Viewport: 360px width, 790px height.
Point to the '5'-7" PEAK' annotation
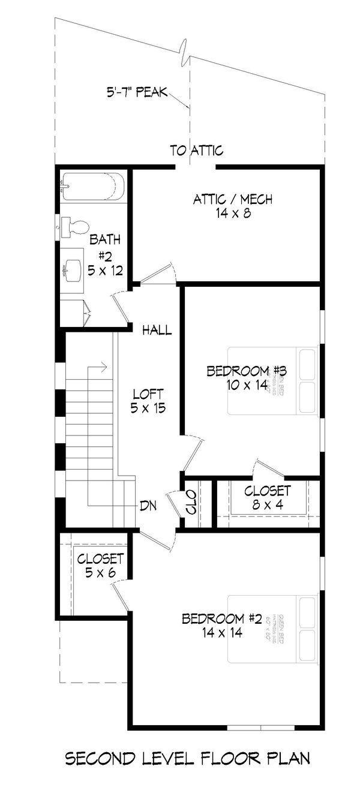137,93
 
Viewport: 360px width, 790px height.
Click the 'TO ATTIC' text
196,151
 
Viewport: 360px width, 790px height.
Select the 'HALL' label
157,330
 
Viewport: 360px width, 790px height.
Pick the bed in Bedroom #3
272,380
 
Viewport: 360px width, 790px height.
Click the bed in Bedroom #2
272,628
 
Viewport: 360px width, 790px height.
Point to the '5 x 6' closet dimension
100,573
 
